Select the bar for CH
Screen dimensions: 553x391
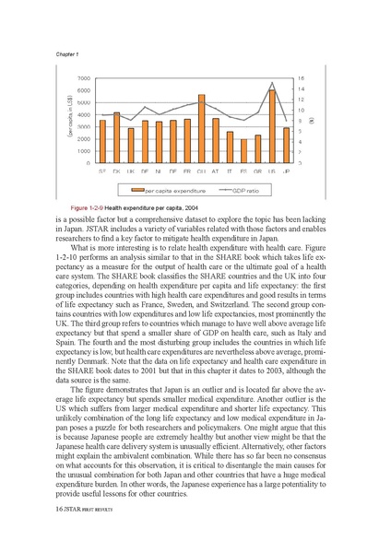201,128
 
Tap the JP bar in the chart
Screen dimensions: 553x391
286,145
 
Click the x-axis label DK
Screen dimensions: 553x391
116,171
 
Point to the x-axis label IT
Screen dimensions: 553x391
230,171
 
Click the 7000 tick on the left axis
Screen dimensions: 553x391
84,79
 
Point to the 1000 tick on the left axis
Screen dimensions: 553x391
84,150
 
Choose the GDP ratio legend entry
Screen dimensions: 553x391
245,190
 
